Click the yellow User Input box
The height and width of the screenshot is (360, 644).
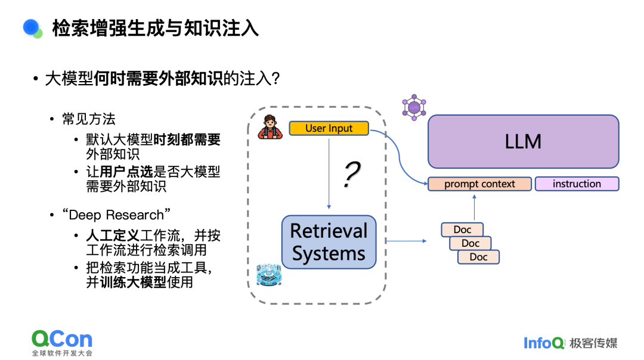[329, 128]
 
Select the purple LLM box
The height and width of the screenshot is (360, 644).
[523, 141]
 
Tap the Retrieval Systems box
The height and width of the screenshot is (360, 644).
[329, 242]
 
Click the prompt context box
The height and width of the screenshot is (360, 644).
[479, 184]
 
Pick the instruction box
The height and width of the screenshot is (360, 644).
[577, 184]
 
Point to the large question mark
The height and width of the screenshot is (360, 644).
[352, 175]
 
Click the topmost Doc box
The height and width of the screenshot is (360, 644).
[462, 229]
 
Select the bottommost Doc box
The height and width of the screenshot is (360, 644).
[478, 257]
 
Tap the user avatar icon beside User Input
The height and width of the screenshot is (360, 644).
[270, 128]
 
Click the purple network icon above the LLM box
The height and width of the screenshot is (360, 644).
[414, 108]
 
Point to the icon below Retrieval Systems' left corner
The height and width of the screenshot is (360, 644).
[268, 275]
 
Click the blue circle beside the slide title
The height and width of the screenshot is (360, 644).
[31, 27]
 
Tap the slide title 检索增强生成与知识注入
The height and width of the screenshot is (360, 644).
[156, 28]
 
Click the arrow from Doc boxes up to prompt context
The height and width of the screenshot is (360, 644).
[475, 206]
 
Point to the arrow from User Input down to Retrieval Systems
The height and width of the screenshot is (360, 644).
[329, 173]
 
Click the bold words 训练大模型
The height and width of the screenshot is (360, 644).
[132, 283]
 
